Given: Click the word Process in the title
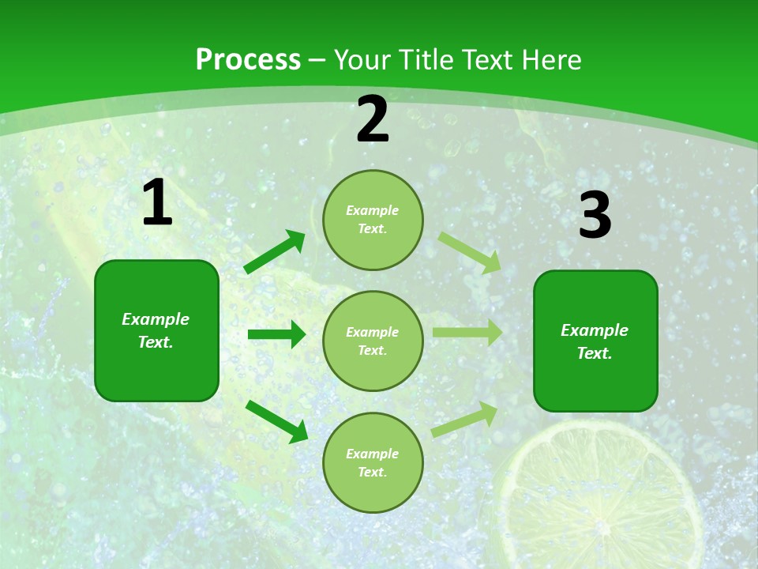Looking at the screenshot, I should point(248,60).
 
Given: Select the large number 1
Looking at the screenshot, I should point(157,203).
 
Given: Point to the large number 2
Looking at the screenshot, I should point(373,119).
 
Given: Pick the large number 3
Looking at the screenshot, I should point(595,215).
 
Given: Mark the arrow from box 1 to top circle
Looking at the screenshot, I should point(274,252).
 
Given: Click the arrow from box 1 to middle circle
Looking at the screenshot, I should point(276,334).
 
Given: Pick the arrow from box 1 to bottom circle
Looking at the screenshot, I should point(276,421).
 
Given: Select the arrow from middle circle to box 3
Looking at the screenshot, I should point(467,333).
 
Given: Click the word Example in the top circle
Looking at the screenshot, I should point(373,210).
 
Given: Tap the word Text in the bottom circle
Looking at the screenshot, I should point(371,472).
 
